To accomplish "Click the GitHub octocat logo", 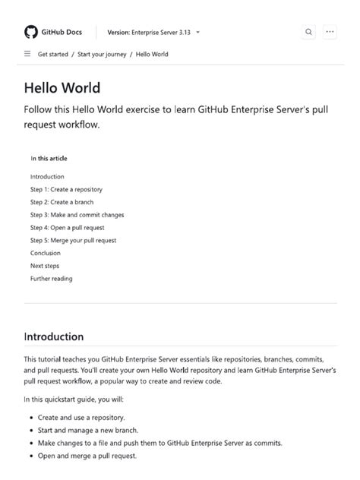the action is pos(31,32).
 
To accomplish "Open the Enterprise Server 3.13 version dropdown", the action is pos(154,33).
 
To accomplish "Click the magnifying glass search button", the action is pos(308,32).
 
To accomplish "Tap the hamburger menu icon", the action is pos(27,55).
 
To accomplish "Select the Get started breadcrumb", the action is pos(53,55).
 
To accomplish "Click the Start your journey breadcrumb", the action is pos(102,55).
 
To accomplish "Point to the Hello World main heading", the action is pos(62,88).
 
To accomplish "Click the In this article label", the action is pos(49,159).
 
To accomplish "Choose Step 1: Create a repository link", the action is pos(66,189).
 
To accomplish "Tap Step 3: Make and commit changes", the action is pos(77,215).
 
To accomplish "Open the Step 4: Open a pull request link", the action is pos(67,227).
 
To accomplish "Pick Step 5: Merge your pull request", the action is pos(73,240).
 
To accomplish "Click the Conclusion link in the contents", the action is pos(46,253).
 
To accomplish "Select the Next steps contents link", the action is pos(45,266).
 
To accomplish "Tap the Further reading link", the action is pos(52,279).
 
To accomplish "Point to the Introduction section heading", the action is pos(54,336).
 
